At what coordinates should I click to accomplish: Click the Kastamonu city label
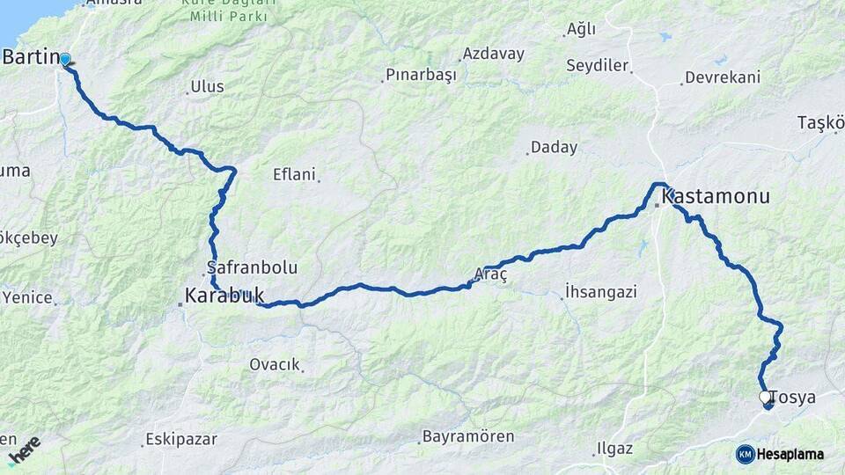click(715, 196)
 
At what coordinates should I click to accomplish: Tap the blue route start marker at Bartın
click(64, 59)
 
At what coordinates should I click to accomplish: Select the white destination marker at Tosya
click(765, 398)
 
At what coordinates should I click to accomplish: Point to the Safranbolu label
click(252, 267)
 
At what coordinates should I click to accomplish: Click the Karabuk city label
click(224, 296)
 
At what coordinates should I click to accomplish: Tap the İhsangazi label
click(601, 291)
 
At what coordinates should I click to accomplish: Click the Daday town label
click(554, 148)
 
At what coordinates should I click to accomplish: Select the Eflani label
click(294, 174)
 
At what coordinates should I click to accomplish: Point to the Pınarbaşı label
click(422, 77)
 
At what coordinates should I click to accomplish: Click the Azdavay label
click(493, 54)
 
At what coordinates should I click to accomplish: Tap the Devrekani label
click(722, 77)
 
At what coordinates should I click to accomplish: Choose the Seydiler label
click(597, 66)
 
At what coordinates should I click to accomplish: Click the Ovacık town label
click(275, 364)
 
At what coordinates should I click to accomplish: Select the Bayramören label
click(468, 436)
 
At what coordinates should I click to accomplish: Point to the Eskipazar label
click(181, 439)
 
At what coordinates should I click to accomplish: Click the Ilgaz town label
click(614, 449)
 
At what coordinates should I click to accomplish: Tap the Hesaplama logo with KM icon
click(780, 454)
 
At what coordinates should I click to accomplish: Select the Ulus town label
click(207, 87)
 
